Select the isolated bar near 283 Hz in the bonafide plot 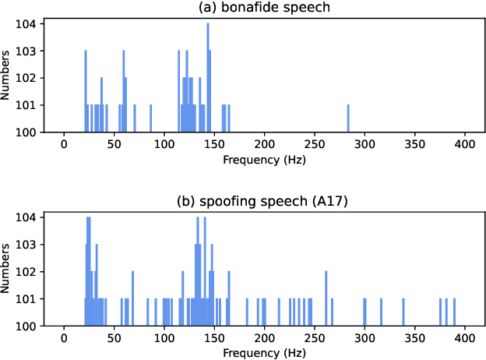[x=348, y=118]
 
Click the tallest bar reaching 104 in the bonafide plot [x=208, y=78]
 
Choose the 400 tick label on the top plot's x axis [x=466, y=146]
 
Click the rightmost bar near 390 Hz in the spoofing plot [x=455, y=312]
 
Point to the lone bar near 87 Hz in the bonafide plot [x=151, y=118]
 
